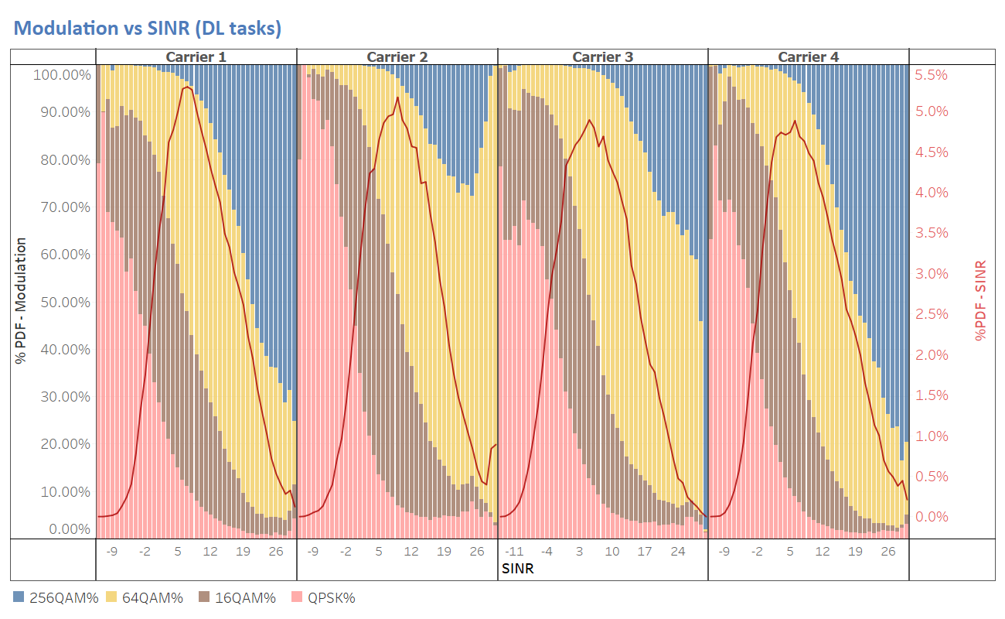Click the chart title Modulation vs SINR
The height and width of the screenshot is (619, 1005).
pos(147,29)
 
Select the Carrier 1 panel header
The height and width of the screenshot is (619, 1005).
pos(196,56)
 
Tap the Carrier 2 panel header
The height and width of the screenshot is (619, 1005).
pos(397,56)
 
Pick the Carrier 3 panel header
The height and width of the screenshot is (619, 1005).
pos(603,56)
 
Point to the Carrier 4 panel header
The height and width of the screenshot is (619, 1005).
pos(808,56)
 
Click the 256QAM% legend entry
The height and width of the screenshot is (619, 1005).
pos(55,597)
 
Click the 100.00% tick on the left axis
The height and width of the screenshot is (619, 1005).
pos(62,76)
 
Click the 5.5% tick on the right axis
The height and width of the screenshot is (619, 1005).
pos(931,76)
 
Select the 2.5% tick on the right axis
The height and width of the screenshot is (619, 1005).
pos(931,314)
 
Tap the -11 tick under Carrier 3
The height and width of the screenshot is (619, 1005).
pos(514,552)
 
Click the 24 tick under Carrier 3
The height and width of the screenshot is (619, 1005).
pos(677,552)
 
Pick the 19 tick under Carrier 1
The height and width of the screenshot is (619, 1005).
pos(244,552)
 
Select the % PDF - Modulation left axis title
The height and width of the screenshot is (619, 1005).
pos(22,302)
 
